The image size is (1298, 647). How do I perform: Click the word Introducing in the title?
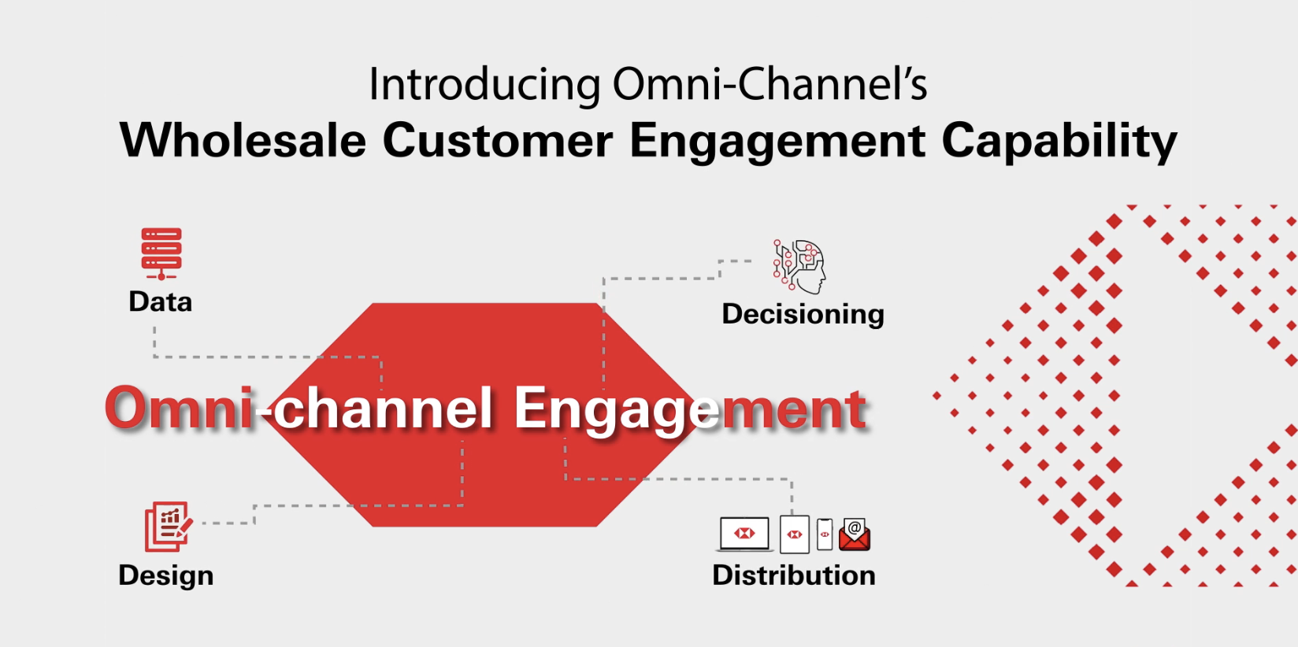pyautogui.click(x=484, y=85)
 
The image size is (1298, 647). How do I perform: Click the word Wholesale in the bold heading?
pyautogui.click(x=243, y=142)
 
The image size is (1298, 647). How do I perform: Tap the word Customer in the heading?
pyautogui.click(x=497, y=142)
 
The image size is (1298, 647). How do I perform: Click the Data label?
pyautogui.click(x=160, y=302)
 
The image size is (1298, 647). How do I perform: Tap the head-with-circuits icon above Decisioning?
pyautogui.click(x=799, y=266)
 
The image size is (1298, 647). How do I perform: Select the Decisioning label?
pyautogui.click(x=803, y=314)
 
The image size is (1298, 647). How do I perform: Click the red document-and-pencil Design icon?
pyautogui.click(x=168, y=527)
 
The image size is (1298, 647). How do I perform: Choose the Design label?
pyautogui.click(x=165, y=575)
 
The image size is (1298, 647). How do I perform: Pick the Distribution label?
pyautogui.click(x=793, y=575)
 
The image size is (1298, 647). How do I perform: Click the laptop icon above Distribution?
pyautogui.click(x=744, y=534)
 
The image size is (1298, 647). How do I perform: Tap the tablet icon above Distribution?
pyautogui.click(x=794, y=535)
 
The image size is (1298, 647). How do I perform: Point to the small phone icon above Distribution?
pyautogui.click(x=825, y=534)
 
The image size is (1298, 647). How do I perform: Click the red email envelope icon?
pyautogui.click(x=855, y=536)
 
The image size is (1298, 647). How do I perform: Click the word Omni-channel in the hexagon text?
pyautogui.click(x=299, y=409)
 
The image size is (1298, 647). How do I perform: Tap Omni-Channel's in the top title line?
pyautogui.click(x=769, y=85)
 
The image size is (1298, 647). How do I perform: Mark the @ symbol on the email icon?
pyautogui.click(x=855, y=527)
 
